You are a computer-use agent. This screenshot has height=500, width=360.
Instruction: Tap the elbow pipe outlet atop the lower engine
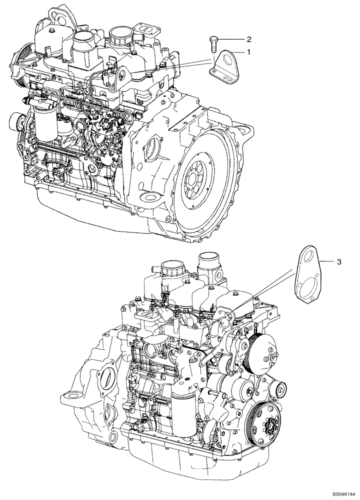click(209, 262)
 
